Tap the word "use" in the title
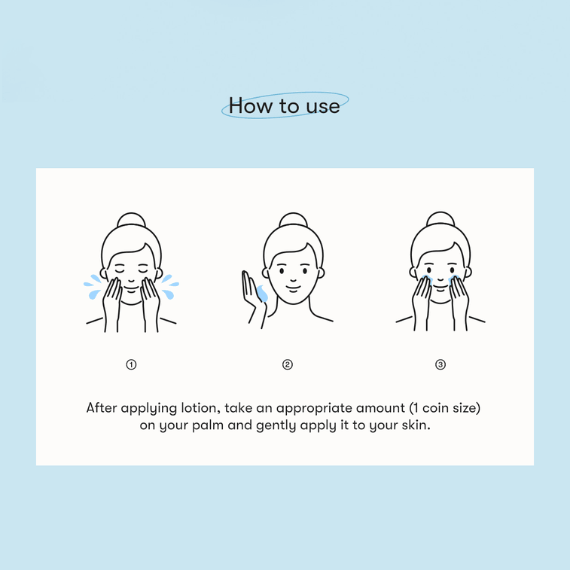tap(323, 106)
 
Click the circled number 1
tap(131, 364)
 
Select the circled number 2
tap(288, 364)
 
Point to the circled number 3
tap(440, 364)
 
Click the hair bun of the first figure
tap(131, 219)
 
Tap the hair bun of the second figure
tap(294, 219)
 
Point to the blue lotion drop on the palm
tap(262, 294)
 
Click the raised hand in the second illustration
tap(253, 296)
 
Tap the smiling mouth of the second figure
tap(294, 288)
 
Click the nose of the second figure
tap(294, 279)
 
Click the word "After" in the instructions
tap(102, 408)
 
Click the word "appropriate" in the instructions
tap(315, 408)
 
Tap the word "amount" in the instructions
tap(380, 408)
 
